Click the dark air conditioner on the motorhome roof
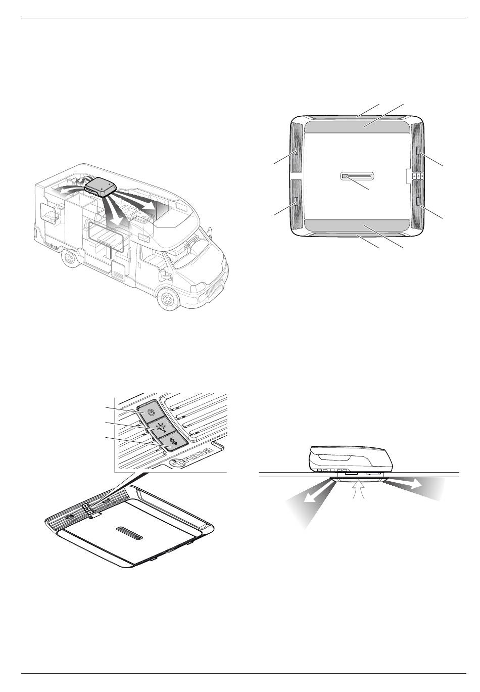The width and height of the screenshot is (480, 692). point(100,187)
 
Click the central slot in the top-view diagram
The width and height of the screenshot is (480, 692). point(357,176)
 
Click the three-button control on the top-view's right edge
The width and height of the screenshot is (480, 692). point(418,175)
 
